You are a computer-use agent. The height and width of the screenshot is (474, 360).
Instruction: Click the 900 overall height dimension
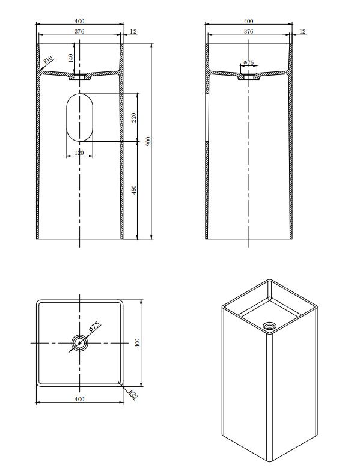click(148, 141)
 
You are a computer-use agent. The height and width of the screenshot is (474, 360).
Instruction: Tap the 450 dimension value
click(134, 190)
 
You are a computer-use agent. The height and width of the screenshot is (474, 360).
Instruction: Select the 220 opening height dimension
click(134, 117)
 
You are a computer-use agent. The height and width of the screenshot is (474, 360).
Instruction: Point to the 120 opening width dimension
click(79, 153)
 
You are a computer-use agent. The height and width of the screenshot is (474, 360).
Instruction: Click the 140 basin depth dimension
click(71, 58)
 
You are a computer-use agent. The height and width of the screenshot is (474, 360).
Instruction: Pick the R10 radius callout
click(48, 59)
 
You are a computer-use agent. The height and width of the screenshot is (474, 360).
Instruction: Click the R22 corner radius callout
click(133, 395)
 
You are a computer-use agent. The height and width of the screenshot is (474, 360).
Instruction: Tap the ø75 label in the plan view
click(94, 326)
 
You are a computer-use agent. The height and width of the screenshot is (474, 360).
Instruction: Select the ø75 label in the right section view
click(249, 62)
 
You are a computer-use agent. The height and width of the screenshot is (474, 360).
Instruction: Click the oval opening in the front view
click(79, 117)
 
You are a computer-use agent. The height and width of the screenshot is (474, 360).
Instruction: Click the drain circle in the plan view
click(79, 343)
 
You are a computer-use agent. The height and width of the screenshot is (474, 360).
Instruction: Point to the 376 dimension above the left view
click(79, 31)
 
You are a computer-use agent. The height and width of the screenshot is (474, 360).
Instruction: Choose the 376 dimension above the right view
click(248, 31)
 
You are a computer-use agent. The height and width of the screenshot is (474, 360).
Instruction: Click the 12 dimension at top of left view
click(133, 31)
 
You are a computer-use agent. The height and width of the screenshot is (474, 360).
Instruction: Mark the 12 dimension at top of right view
click(302, 31)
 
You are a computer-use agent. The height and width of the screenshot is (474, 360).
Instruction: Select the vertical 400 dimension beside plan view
click(137, 343)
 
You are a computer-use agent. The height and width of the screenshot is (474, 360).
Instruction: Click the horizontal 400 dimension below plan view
click(79, 399)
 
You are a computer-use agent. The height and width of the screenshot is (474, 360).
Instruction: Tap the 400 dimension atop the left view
click(79, 21)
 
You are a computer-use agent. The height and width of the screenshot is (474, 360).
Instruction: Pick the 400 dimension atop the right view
click(248, 21)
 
